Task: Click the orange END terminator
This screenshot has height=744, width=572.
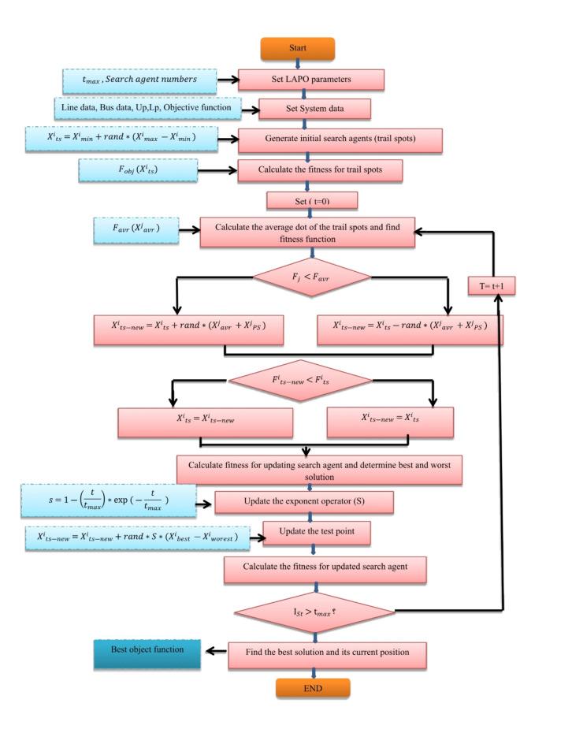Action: pyautogui.click(x=313, y=687)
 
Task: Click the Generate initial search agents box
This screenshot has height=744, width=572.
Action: pyautogui.click(x=342, y=139)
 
